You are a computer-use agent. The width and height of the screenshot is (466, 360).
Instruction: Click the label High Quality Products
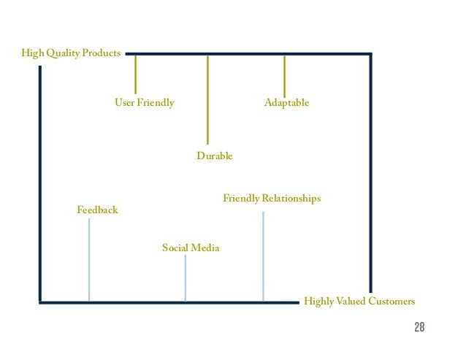click(72, 53)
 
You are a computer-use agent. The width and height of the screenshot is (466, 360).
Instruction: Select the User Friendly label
click(145, 103)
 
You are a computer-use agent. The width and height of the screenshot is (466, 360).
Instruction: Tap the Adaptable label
click(286, 103)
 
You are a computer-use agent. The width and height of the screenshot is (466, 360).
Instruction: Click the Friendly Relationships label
click(272, 199)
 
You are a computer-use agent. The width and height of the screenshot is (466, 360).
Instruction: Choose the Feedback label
click(97, 210)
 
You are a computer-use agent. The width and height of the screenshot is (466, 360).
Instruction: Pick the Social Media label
click(191, 248)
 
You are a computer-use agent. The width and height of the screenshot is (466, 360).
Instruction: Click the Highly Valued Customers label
click(359, 302)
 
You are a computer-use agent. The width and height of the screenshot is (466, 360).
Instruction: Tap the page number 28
click(419, 326)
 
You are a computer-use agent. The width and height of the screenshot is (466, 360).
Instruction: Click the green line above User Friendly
click(136, 74)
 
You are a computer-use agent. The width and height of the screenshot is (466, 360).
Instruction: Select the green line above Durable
click(208, 99)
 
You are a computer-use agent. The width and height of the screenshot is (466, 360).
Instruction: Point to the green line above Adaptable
click(284, 75)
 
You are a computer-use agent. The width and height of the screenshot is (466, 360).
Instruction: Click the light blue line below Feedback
click(89, 259)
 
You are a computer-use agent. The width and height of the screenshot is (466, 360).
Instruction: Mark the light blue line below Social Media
click(186, 277)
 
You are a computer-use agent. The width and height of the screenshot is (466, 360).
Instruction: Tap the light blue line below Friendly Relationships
click(263, 256)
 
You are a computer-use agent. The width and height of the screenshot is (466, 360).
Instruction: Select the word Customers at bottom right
click(391, 302)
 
